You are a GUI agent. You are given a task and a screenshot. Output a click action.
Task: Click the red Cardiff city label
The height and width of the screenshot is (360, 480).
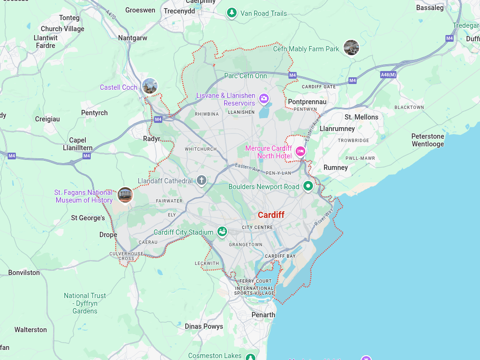tap(271, 215)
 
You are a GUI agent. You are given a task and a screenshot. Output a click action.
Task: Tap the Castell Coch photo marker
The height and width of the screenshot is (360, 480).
tap(150, 86)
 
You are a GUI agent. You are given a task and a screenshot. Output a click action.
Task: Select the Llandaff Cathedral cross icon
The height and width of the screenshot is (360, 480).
tap(202, 181)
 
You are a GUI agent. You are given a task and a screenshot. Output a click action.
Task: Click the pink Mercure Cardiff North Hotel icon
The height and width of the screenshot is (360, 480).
tap(300, 152)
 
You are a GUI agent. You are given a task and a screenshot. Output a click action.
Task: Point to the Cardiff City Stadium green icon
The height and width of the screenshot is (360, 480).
tap(222, 232)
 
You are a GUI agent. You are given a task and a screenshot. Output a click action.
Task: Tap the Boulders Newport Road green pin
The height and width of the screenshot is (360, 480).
tap(308, 186)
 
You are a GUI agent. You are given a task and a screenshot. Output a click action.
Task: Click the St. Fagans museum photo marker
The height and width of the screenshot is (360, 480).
tap(125, 194)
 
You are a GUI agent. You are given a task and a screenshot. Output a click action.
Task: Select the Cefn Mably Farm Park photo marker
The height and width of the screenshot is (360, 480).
tap(351, 48)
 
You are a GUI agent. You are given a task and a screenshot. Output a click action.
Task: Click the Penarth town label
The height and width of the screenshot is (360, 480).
tap(263, 315)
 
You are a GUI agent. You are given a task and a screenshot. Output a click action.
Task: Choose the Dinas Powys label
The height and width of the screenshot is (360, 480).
tap(204, 326)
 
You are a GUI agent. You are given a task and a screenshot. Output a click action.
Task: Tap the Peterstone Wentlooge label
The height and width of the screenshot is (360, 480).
tap(427, 140)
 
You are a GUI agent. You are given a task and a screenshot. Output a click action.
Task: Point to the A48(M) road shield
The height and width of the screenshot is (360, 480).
tap(388, 75)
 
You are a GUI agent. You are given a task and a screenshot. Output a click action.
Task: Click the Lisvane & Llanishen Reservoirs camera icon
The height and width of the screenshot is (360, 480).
tap(264, 99)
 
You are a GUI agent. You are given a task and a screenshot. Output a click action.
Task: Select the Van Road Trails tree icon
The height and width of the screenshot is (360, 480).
tap(232, 13)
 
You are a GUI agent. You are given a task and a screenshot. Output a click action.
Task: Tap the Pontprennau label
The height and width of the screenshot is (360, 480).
tap(307, 102)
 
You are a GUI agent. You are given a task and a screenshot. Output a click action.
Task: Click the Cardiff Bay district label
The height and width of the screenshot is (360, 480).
tap(280, 256)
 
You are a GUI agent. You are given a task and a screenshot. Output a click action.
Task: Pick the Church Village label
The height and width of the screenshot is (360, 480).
tap(62, 29)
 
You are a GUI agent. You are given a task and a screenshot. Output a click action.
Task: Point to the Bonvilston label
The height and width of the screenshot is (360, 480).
tap(24, 273)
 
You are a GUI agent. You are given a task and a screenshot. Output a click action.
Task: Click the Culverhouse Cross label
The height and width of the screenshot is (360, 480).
tap(126, 256)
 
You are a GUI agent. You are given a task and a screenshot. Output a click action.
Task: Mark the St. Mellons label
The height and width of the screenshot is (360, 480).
tap(361, 117)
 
